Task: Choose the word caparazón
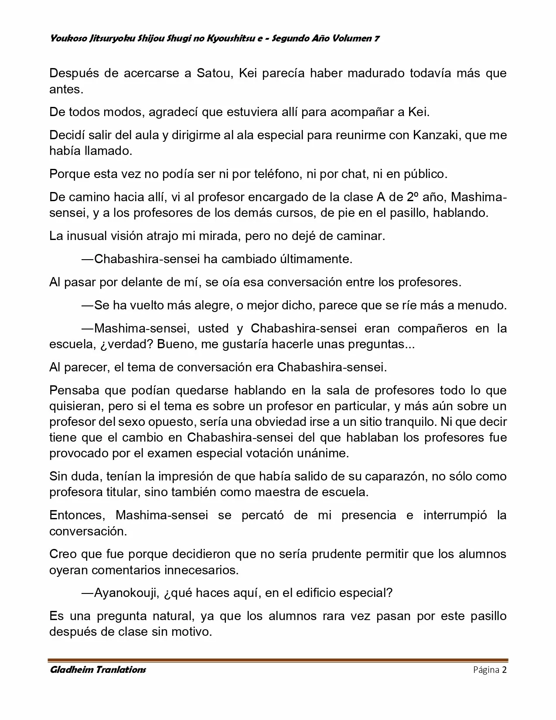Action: (396, 476)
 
